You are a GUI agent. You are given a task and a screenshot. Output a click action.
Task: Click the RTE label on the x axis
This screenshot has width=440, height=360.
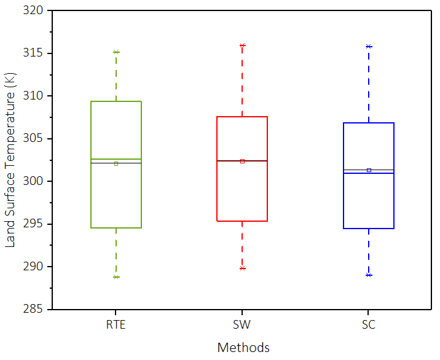point(116,325)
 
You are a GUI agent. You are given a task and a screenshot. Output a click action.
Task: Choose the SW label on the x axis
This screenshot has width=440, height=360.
point(242,325)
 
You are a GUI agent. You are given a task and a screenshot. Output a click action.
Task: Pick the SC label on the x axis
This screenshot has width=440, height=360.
point(369,325)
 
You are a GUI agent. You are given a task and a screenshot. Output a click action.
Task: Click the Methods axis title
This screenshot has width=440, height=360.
point(243,348)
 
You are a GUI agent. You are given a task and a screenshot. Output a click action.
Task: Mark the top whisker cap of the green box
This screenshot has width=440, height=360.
point(116,52)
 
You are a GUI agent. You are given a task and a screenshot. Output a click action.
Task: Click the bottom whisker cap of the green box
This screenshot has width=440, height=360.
point(116,277)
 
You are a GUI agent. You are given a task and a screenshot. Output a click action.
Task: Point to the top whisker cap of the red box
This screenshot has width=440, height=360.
point(242,45)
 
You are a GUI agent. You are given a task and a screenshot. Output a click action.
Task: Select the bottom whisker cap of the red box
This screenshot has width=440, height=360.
point(242,268)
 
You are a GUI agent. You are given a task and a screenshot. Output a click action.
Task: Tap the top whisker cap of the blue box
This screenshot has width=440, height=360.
point(369,46)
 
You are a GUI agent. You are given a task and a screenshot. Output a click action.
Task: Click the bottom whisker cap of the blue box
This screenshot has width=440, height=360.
point(369,275)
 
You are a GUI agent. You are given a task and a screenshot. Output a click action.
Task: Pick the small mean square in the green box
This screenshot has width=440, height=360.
point(116,163)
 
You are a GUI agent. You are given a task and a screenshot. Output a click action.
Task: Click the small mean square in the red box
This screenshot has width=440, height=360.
point(242,161)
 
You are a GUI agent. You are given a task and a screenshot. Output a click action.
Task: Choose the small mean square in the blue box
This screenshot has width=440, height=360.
point(369,170)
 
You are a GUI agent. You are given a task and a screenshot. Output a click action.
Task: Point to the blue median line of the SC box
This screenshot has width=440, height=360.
point(369,173)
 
